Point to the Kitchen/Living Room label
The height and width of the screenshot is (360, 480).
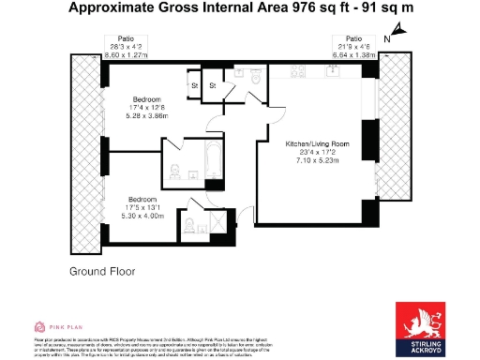tap(319, 143)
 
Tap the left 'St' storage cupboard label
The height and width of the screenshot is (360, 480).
tap(194, 87)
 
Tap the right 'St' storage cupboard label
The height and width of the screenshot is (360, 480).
tap(213, 87)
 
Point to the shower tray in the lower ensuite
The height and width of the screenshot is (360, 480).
tap(217, 223)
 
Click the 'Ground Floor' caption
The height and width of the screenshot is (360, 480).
tap(102, 271)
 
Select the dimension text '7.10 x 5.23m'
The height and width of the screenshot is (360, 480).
tap(319, 160)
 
